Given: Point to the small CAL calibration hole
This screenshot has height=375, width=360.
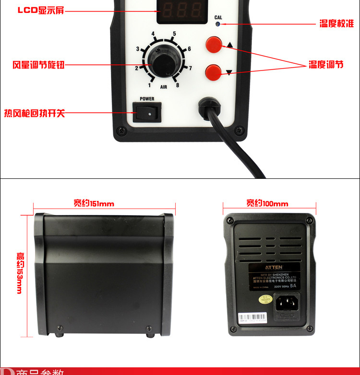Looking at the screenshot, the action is [218, 23].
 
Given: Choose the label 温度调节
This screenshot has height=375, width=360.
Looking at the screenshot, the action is [326, 65].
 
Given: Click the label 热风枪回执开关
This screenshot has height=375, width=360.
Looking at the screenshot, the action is [34, 113].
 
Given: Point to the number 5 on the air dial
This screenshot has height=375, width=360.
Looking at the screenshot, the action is [174, 34].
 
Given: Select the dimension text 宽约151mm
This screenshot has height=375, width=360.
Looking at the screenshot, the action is [94, 203].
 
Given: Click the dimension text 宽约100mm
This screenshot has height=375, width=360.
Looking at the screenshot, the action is [267, 203].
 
